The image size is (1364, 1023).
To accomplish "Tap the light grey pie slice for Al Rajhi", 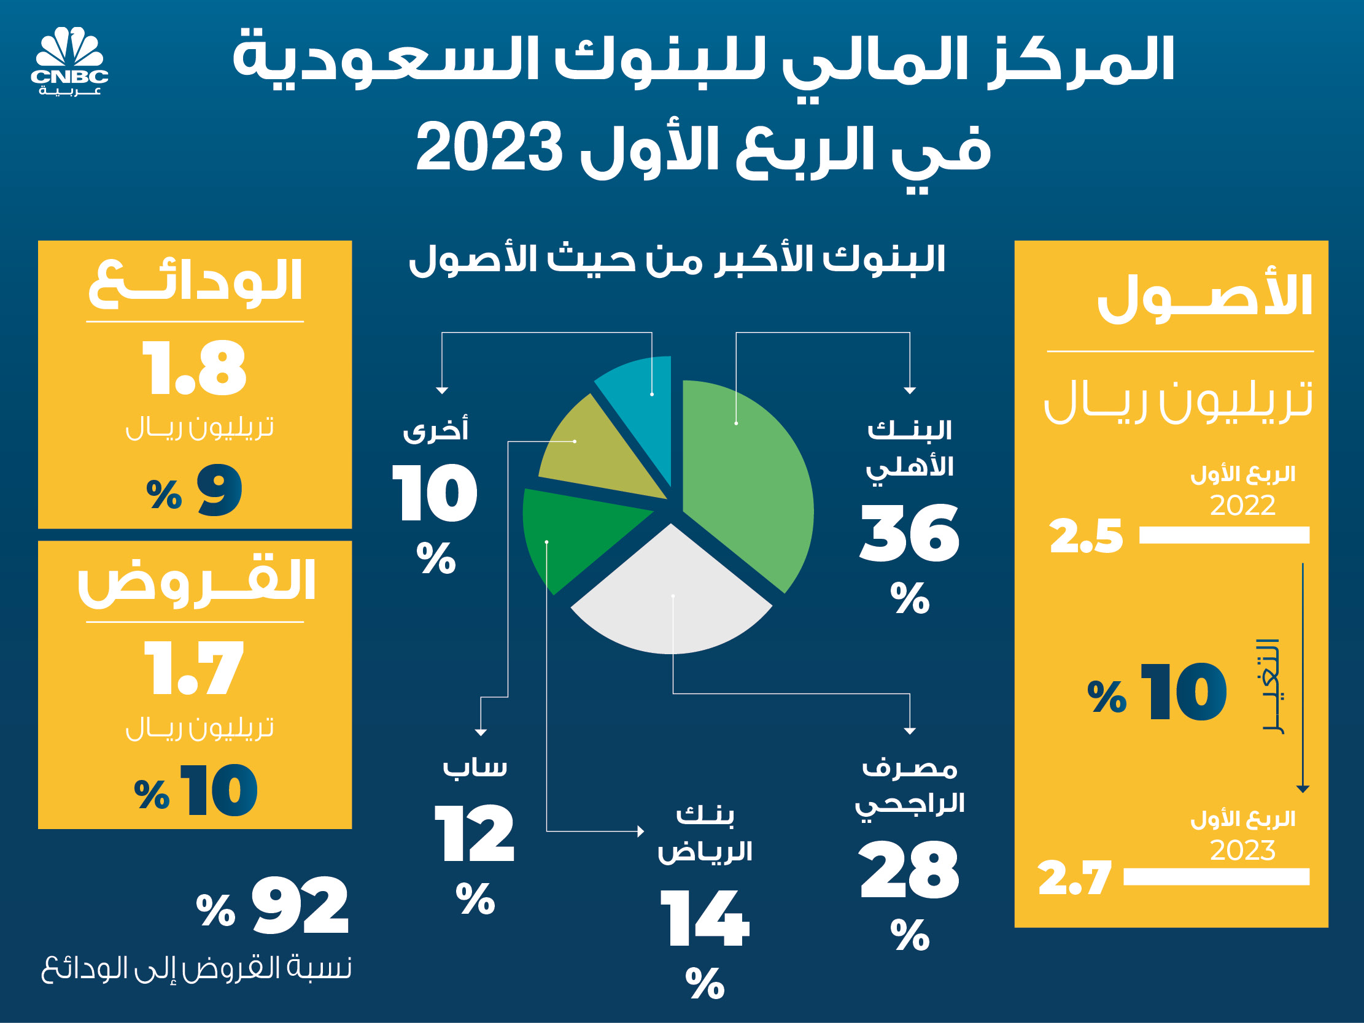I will pos(672,604).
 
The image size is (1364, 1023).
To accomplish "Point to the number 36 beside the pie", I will pos(910,533).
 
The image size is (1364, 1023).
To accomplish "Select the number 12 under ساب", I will pos(475,834).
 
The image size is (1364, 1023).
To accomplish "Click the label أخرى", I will pos(435,430).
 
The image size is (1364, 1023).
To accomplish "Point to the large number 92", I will pos(300,905).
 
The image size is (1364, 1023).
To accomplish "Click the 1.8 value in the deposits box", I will pos(195,368).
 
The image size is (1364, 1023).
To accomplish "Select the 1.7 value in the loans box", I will pos(195,668).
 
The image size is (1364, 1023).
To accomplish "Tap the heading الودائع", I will pos(195,282).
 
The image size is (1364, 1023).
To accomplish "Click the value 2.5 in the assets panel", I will pos(1086,536).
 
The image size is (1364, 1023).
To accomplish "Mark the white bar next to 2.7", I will pos(1216,877).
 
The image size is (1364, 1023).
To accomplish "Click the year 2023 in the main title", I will pos(490,148).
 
